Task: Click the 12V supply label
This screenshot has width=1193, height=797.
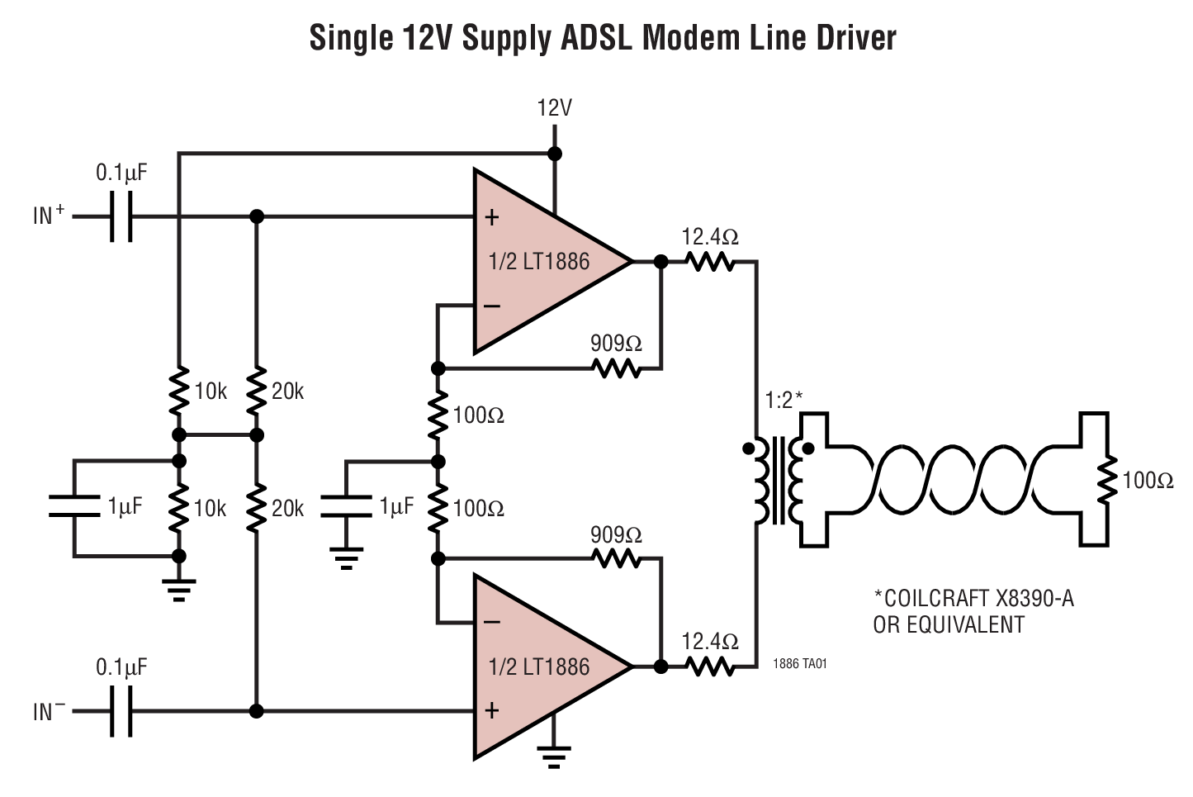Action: [554, 108]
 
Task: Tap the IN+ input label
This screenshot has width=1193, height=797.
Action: [49, 216]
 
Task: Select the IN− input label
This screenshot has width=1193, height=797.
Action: [49, 711]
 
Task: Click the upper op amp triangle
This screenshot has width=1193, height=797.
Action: [541, 262]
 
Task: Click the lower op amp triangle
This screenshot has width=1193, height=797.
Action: [541, 667]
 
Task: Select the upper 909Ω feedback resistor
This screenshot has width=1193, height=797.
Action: [617, 368]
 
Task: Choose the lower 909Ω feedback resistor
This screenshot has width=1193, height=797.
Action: [617, 559]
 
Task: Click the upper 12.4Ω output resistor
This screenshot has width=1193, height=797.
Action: [709, 262]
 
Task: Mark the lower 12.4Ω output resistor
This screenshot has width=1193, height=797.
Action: [709, 667]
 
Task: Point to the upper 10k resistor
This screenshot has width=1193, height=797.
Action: [178, 391]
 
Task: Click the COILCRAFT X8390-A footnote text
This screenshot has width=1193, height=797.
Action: [973, 599]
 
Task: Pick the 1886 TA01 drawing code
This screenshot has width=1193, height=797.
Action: [799, 664]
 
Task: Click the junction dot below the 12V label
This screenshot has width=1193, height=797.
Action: [555, 154]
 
